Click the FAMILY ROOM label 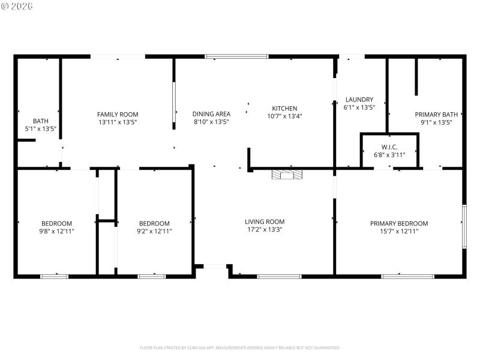(x=118, y=115)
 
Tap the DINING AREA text (x=211, y=114)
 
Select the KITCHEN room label (x=284, y=109)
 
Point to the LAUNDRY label (x=359, y=100)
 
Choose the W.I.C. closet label (x=389, y=147)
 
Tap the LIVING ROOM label (x=265, y=221)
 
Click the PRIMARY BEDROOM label (x=399, y=223)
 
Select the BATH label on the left (x=40, y=121)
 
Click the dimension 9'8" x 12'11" (x=56, y=231)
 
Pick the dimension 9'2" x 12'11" (x=154, y=231)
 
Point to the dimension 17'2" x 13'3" (x=265, y=229)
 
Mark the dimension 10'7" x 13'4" (x=284, y=116)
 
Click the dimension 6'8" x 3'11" (x=389, y=155)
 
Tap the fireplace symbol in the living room (x=287, y=175)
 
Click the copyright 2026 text (x=17, y=6)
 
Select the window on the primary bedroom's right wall (x=464, y=226)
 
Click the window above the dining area (x=236, y=56)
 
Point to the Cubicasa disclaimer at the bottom (x=240, y=347)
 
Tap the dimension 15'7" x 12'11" (x=399, y=231)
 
